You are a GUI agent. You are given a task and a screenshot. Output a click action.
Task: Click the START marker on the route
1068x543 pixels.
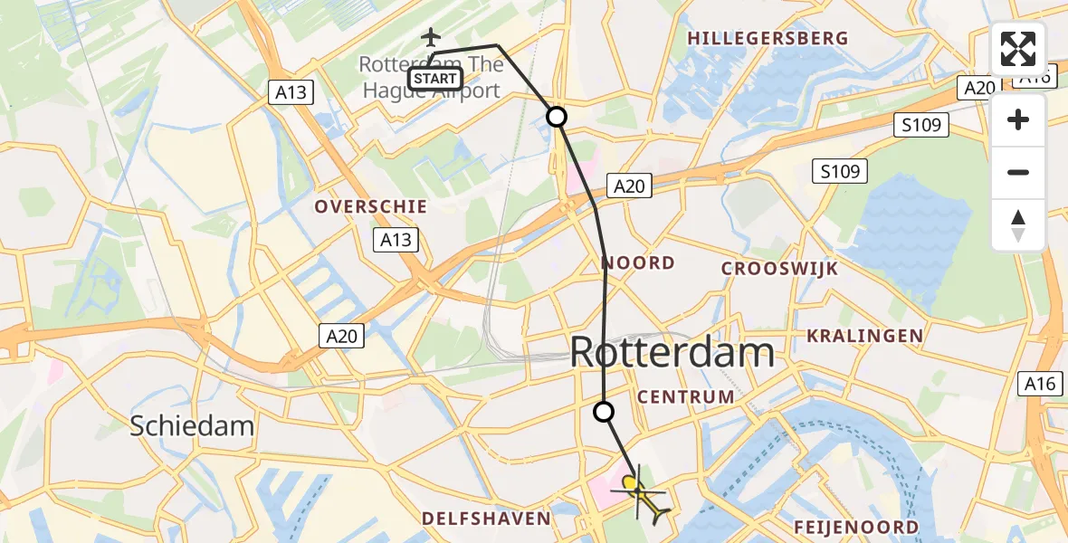point(435,79)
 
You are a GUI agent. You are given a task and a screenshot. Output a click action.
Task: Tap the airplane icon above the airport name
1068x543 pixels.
point(431,37)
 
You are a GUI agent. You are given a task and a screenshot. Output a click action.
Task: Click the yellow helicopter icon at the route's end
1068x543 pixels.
point(641,492)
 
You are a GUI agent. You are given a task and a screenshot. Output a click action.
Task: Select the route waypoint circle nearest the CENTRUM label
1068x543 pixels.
point(604,412)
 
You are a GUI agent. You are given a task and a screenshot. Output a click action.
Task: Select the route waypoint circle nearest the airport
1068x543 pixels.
point(557,117)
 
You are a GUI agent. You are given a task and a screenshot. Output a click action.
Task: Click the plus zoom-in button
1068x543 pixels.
point(1018,120)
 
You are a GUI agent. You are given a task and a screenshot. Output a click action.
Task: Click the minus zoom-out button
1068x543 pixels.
point(1018,173)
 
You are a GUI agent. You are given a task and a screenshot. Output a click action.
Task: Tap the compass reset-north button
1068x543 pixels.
point(1018,225)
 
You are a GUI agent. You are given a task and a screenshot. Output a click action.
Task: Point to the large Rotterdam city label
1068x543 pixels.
point(672,352)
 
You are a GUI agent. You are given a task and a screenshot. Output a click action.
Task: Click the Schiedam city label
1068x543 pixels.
point(191,425)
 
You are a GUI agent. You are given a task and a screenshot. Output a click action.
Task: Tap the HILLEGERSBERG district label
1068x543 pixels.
point(768,38)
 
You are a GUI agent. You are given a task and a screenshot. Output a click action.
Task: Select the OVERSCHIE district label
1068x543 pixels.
point(370,206)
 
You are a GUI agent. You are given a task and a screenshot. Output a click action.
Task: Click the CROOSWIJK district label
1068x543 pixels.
point(779,269)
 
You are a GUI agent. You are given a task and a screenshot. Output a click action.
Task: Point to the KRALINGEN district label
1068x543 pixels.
point(865,336)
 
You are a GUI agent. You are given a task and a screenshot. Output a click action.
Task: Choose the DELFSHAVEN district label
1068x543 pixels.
point(486,519)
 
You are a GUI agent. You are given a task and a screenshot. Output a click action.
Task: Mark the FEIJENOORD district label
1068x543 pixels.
point(856,527)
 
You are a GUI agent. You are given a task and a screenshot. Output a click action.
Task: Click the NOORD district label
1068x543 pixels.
point(639,263)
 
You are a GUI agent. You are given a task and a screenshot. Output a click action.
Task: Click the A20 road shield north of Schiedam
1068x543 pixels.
point(342,337)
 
